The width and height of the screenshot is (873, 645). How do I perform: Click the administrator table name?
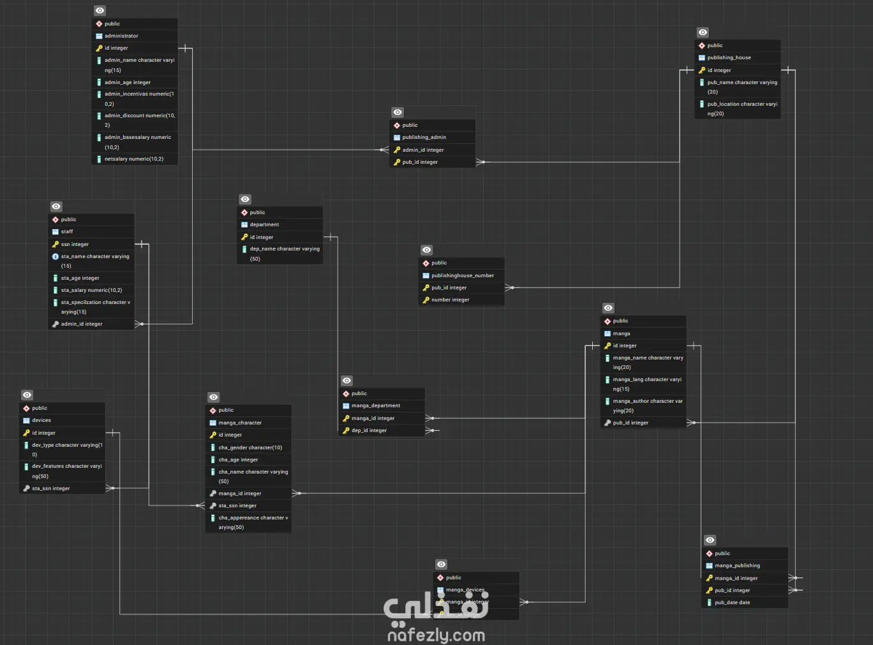pos(121,36)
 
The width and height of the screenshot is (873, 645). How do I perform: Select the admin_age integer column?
pos(128,82)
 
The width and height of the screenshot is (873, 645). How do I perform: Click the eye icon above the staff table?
pos(56,207)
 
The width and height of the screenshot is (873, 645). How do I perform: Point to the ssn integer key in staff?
pos(75,244)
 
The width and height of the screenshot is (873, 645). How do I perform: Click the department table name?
pos(264,224)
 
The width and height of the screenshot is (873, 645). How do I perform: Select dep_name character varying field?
pos(284,249)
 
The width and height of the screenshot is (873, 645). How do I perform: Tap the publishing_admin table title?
pos(424,137)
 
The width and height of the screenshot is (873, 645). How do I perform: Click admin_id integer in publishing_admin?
pos(422,150)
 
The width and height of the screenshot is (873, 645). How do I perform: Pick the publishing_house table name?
pos(729,57)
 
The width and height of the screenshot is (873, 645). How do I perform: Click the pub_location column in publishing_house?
pos(742,105)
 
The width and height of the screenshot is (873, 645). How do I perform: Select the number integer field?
pos(450,300)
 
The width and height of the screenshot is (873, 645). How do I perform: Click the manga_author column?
pos(647,402)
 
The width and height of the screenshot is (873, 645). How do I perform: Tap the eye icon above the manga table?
pos(608,308)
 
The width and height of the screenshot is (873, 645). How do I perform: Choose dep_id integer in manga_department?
pos(369,430)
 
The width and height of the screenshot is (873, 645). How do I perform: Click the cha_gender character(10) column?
pos(250,447)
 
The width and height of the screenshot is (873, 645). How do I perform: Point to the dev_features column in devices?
pos(66,467)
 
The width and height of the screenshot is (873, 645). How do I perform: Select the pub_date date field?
pos(732,602)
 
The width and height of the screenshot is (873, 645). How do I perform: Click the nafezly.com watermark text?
pos(436,635)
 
